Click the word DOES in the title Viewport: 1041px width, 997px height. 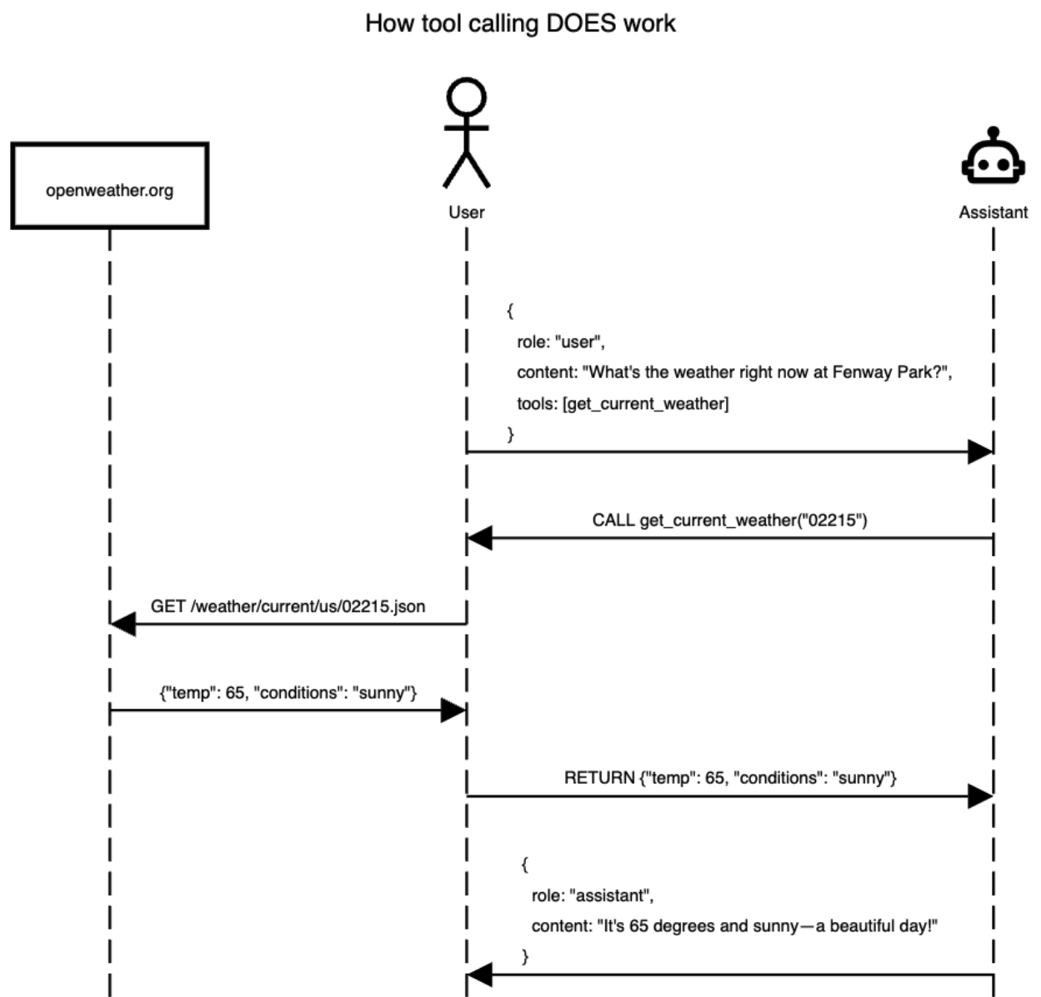pyautogui.click(x=576, y=23)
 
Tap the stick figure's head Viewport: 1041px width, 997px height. pyautogui.click(x=466, y=98)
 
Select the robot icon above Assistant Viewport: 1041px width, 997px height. pyautogui.click(x=992, y=158)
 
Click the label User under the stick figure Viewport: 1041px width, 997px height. pyautogui.click(x=466, y=212)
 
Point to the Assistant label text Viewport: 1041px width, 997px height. pyautogui.click(x=993, y=212)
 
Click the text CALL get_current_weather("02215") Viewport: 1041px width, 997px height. pyautogui.click(x=729, y=521)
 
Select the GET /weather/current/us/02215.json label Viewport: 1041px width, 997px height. pyautogui.click(x=288, y=606)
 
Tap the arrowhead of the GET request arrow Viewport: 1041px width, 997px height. pyautogui.click(x=123, y=624)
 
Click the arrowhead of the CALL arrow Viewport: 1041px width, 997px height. pyautogui.click(x=479, y=538)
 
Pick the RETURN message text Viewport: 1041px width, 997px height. pyautogui.click(x=730, y=778)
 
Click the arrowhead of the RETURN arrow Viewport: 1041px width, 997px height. pyautogui.click(x=979, y=796)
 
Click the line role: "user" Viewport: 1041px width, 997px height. pyautogui.click(x=560, y=342)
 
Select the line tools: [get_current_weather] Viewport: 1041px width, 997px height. pyautogui.click(x=622, y=404)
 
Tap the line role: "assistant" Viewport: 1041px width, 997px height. pyautogui.click(x=592, y=895)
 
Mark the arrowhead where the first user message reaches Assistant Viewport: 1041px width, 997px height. pyautogui.click(x=979, y=452)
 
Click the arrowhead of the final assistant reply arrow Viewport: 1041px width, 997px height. pyautogui.click(x=479, y=975)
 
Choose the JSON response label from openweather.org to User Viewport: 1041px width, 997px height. pyautogui.click(x=288, y=693)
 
